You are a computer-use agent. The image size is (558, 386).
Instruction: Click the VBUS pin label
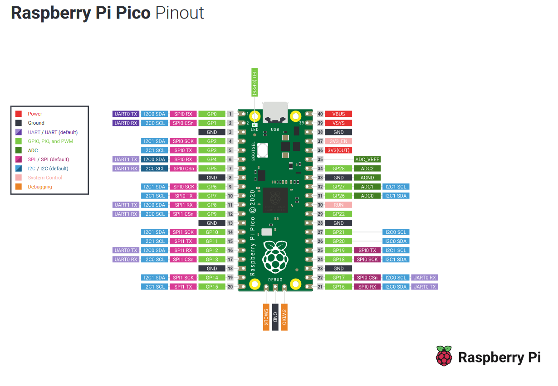(338, 114)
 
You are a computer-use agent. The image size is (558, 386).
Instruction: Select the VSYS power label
(338, 123)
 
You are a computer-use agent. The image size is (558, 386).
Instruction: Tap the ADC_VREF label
(367, 159)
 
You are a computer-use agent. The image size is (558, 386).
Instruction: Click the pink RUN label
(338, 205)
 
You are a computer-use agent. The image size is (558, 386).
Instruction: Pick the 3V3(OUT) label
(338, 150)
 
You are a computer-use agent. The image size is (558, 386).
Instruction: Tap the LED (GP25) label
(255, 82)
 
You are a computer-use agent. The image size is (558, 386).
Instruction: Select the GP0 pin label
(212, 114)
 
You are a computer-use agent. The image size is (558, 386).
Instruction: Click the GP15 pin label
(212, 287)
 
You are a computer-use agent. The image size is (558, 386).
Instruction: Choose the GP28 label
(338, 169)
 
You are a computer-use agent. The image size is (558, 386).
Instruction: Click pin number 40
(320, 114)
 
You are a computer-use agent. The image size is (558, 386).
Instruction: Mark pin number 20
(230, 287)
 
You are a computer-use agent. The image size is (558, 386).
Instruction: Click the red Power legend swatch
(19, 114)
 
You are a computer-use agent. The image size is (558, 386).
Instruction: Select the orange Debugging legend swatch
(19, 187)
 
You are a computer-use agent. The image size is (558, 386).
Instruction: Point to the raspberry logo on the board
(275, 256)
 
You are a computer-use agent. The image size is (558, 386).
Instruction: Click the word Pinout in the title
(180, 13)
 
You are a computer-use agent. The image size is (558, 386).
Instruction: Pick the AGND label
(367, 178)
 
